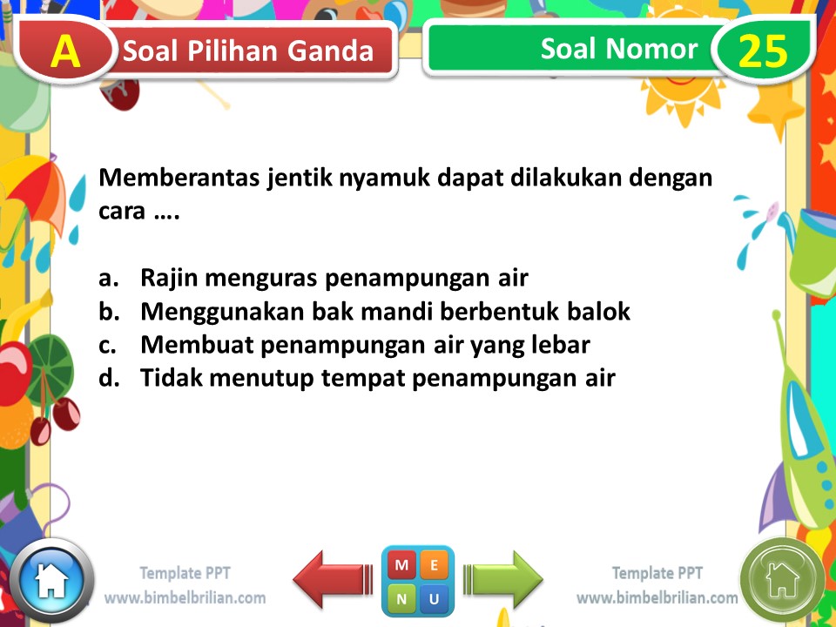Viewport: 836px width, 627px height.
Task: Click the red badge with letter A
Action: pyautogui.click(x=65, y=51)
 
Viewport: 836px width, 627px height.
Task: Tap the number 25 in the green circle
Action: pyautogui.click(x=762, y=51)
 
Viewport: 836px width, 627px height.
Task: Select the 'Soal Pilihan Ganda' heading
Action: pyautogui.click(x=248, y=51)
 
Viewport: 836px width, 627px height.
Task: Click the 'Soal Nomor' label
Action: pyautogui.click(x=618, y=49)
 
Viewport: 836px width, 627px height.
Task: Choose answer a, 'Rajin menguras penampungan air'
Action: pyautogui.click(x=334, y=279)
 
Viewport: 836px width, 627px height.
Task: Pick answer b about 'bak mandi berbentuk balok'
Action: pyautogui.click(x=384, y=312)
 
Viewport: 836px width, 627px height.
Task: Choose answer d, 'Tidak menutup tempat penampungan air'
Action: pyautogui.click(x=377, y=378)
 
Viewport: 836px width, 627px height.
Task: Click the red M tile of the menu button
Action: pyautogui.click(x=401, y=565)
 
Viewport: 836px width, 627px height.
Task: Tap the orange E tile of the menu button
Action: pyautogui.click(x=435, y=565)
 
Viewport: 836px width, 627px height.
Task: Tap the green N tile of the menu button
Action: pyautogui.click(x=401, y=598)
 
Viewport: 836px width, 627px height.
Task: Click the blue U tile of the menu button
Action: pyautogui.click(x=435, y=598)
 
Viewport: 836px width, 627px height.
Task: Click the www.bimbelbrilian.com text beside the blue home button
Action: pyautogui.click(x=185, y=598)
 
